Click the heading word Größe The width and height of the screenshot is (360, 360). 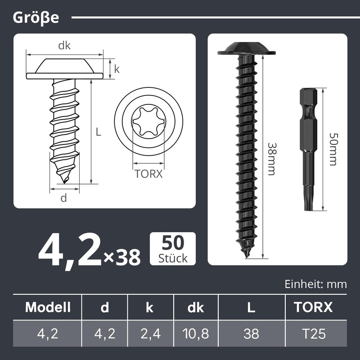tap(36, 18)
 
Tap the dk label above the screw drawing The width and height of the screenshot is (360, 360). tap(64, 46)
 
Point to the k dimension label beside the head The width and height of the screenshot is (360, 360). tap(117, 69)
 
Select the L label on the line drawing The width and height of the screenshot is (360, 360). tap(98, 132)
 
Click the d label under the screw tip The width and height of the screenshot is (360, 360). tap(63, 198)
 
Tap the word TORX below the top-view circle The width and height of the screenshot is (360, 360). tap(148, 174)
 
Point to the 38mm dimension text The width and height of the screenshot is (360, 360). tap(272, 159)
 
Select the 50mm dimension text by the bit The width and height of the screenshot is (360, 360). tap(333, 149)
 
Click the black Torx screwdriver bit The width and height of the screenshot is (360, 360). tap(309, 149)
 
